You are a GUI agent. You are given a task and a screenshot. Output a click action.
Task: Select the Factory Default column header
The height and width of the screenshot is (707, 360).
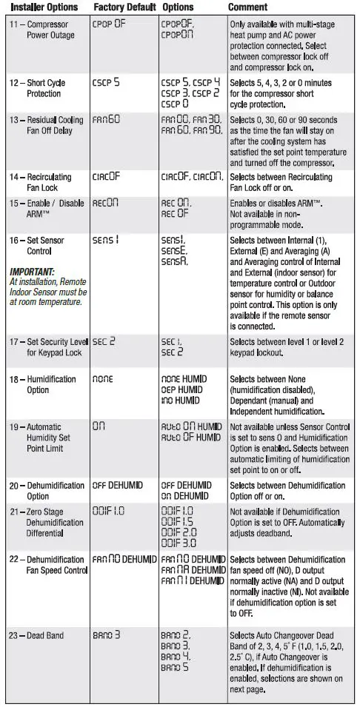click(x=124, y=7)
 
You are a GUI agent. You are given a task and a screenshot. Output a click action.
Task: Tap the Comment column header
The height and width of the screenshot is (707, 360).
click(x=247, y=7)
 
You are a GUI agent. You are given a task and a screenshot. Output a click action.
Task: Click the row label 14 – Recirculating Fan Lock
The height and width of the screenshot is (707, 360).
click(x=46, y=182)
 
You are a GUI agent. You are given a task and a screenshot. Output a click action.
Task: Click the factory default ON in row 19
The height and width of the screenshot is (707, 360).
click(x=99, y=426)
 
